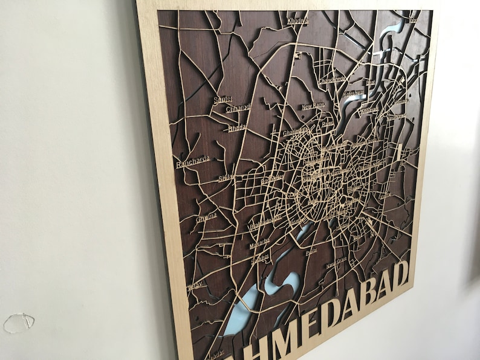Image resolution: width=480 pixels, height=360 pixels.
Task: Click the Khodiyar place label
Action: click(x=297, y=21)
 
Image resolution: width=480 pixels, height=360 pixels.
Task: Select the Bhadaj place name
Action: click(x=236, y=128)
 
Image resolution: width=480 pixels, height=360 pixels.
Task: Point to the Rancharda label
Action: click(x=192, y=161)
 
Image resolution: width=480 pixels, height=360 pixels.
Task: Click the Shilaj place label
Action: click(x=225, y=178)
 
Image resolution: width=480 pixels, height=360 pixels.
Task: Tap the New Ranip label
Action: click(x=313, y=106)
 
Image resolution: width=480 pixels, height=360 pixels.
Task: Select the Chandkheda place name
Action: click(x=332, y=80)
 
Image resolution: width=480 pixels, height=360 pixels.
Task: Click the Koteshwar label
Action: click(x=353, y=94)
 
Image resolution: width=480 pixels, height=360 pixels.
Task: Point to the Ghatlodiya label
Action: click(x=296, y=131)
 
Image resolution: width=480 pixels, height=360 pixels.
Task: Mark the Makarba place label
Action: click(x=259, y=243)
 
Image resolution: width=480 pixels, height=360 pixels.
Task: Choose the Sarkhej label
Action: click(x=260, y=257)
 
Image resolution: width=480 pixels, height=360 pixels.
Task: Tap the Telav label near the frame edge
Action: click(x=195, y=286)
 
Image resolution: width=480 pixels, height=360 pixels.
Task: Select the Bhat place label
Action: click(x=370, y=82)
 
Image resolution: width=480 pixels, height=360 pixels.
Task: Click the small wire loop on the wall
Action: click(x=19, y=322)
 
